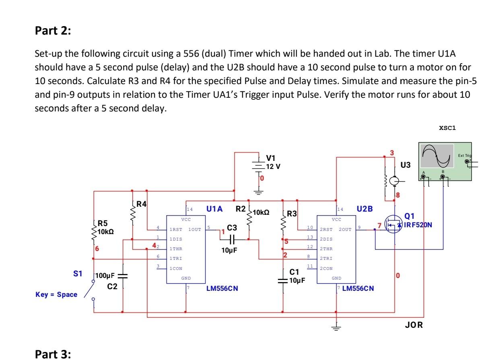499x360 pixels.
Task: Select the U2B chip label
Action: click(364, 209)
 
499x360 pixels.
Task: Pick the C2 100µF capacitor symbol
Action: click(123, 276)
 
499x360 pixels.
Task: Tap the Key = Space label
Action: click(56, 294)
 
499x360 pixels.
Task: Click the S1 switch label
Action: click(78, 273)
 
